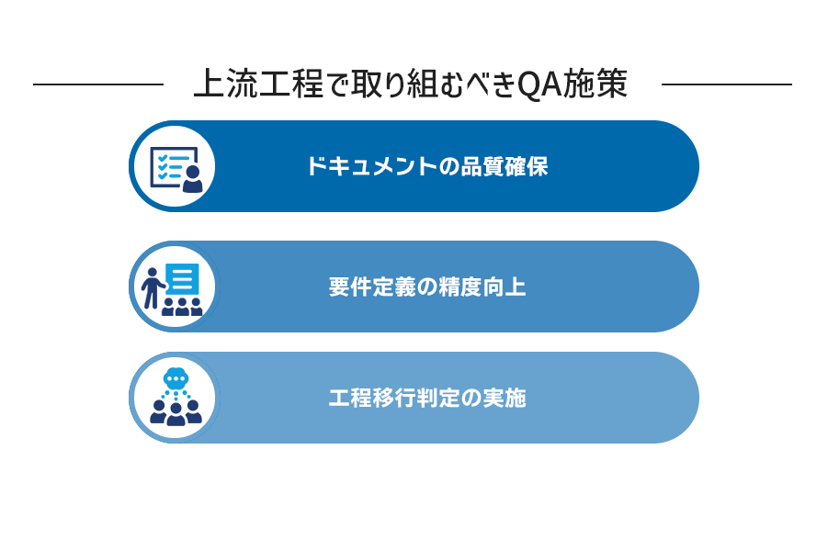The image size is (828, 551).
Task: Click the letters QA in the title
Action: coord(539,84)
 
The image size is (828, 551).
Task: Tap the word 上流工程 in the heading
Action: coord(259,84)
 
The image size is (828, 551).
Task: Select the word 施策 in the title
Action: coord(595,84)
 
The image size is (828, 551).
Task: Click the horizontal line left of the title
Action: coord(98,84)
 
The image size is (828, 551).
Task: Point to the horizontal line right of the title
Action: coord(727,84)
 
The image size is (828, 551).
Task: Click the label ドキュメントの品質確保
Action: coord(427,166)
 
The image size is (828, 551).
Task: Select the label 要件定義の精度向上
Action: coord(427,287)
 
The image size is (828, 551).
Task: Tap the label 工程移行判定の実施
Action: coord(427,398)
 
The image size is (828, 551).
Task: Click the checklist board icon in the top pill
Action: coord(176,169)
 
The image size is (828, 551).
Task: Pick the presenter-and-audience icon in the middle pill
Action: coord(172,288)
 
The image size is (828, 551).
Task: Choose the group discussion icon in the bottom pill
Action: coord(176,397)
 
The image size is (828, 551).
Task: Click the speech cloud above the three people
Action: coord(176,377)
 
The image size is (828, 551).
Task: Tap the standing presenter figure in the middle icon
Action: coord(152,288)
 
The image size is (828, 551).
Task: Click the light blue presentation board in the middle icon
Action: coord(182,279)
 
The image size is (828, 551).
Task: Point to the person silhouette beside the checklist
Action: coord(193,179)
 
